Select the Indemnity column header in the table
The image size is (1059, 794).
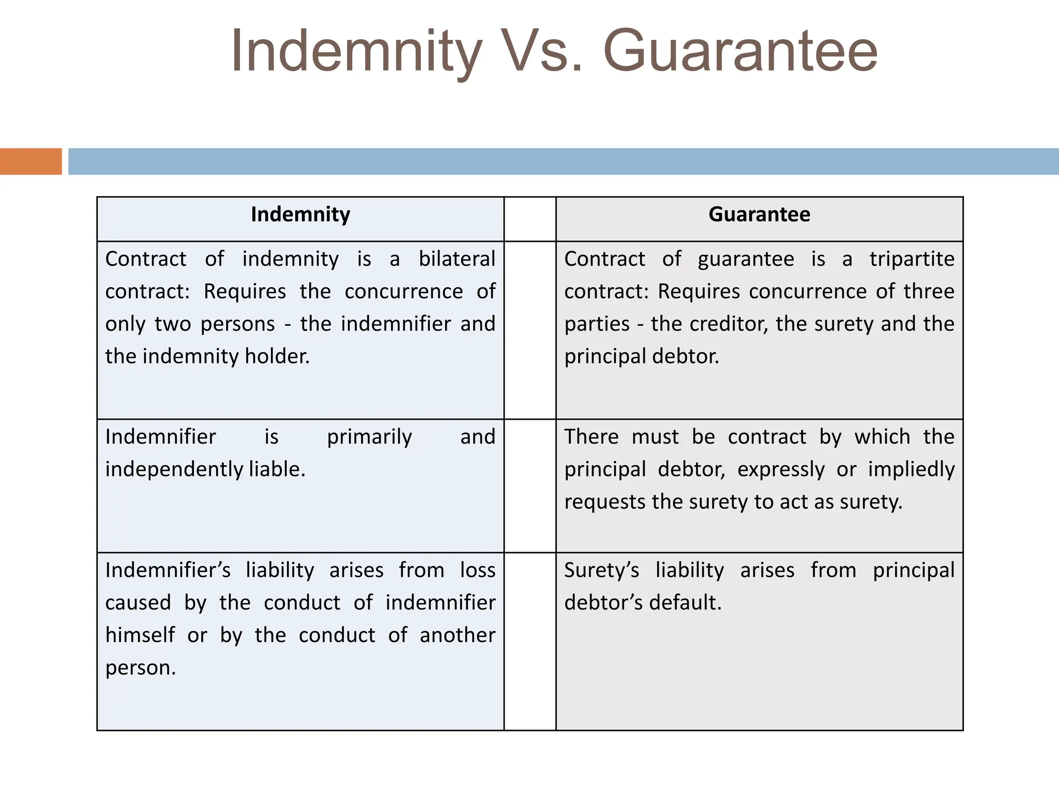[300, 215]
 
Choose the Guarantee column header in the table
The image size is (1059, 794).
[759, 215]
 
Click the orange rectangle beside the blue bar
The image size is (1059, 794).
[31, 161]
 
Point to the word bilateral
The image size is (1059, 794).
[457, 259]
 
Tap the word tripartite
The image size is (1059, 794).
[912, 259]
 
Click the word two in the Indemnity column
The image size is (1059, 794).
[173, 324]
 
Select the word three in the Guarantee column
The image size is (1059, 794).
[929, 292]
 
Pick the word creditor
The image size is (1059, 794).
[725, 324]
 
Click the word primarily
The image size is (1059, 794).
[369, 437]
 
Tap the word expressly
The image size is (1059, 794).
[781, 470]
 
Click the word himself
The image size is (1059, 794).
[140, 635]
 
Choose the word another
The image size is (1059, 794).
[457, 635]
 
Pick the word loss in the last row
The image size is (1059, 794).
[478, 570]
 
